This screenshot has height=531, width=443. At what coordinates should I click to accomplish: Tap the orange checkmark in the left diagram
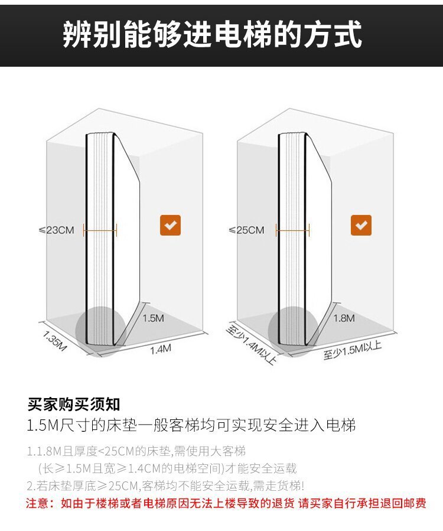171,226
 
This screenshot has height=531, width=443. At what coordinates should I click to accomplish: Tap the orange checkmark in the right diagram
361,225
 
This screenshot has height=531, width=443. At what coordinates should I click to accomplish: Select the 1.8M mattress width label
344,318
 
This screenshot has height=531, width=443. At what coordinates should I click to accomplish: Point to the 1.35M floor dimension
56,341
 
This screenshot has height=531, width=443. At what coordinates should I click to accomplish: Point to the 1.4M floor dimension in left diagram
160,349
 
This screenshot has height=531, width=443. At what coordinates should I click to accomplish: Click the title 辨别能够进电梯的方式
213,35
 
